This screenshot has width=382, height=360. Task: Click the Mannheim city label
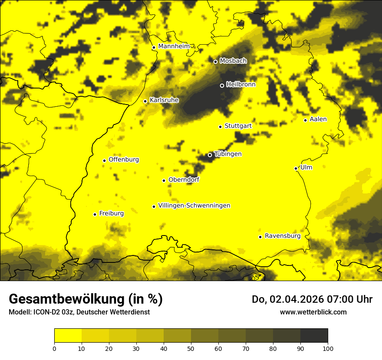(x=174, y=46)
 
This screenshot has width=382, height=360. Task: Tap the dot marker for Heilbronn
(x=222, y=85)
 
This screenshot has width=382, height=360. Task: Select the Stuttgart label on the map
(x=238, y=126)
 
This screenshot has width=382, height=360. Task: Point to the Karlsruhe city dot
(x=145, y=101)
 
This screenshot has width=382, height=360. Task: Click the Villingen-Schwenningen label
(x=194, y=206)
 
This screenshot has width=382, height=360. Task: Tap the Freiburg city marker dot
(x=95, y=214)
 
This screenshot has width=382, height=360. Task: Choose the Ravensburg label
(x=282, y=236)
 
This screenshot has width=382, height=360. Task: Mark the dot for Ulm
(x=296, y=168)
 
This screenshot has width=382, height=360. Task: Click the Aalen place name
(x=318, y=119)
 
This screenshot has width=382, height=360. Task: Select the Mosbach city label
(x=233, y=61)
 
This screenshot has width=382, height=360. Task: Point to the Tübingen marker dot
(x=210, y=155)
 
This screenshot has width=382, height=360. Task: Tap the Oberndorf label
(x=184, y=180)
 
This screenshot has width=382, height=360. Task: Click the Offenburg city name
(x=123, y=160)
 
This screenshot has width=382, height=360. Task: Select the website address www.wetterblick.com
(x=313, y=312)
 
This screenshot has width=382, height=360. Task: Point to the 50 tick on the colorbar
(x=191, y=348)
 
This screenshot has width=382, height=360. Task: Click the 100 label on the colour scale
(x=328, y=348)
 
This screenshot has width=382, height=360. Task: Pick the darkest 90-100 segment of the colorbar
(x=314, y=335)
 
